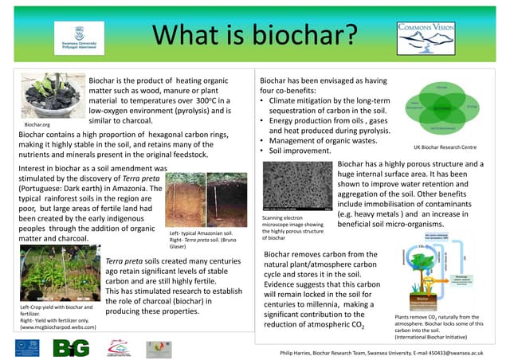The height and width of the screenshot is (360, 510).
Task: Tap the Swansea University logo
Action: point(78,37)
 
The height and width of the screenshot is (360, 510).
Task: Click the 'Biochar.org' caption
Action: point(37,125)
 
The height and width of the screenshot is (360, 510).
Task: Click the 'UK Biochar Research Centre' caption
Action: point(445,147)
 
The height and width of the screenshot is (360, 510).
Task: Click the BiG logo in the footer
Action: point(71,347)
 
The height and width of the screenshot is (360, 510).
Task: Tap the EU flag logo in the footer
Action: point(26,346)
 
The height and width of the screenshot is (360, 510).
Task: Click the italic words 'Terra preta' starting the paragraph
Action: point(124,260)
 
